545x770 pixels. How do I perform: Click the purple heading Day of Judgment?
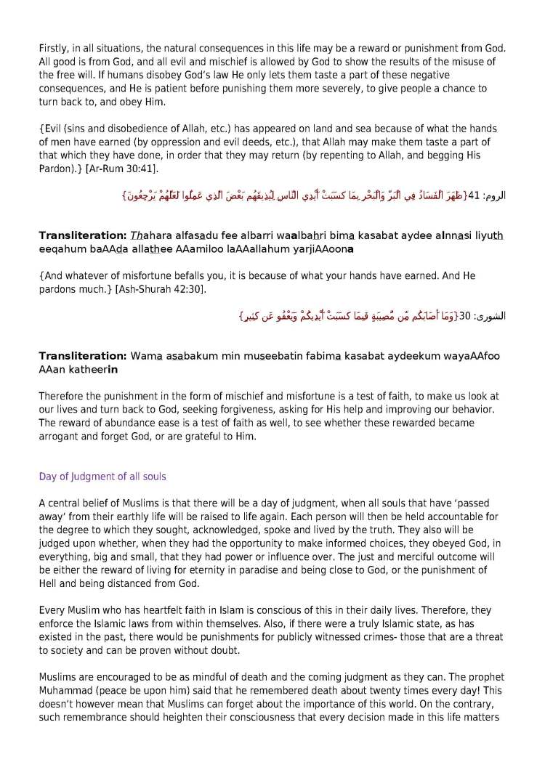coord(102,477)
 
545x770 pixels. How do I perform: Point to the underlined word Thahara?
coord(149,236)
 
